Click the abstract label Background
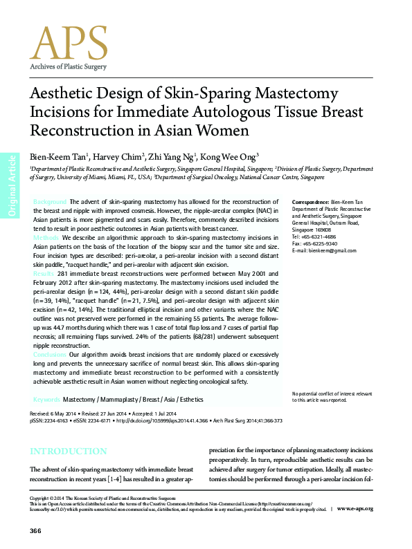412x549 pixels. point(50,201)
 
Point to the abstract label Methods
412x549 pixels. point(46,237)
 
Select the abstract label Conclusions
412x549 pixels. point(51,353)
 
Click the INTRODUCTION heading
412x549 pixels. point(68,452)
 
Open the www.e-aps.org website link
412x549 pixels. point(355,509)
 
